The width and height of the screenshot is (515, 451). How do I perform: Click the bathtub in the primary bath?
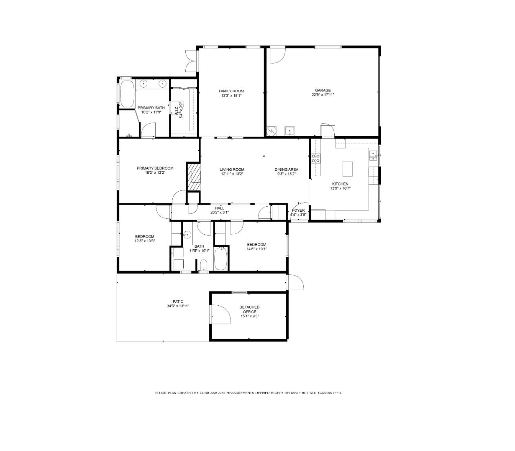tap(127, 94)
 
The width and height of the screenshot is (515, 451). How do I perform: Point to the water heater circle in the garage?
tap(271, 131)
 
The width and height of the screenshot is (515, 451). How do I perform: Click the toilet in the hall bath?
tap(203, 265)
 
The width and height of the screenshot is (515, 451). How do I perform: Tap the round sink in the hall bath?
tap(187, 235)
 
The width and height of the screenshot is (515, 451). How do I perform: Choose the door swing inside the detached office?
tap(221, 314)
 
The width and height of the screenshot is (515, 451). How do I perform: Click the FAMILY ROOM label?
tap(231, 91)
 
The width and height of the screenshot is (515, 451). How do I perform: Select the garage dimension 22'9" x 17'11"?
tap(323, 95)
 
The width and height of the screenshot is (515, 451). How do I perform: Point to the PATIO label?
tap(178, 302)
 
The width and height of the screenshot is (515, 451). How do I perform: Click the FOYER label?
tap(298, 210)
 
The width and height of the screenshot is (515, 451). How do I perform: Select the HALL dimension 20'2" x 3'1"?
tap(220, 213)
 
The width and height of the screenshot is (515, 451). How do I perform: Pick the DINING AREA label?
tap(286, 170)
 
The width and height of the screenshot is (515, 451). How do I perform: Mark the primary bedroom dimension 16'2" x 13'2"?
tap(155, 172)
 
